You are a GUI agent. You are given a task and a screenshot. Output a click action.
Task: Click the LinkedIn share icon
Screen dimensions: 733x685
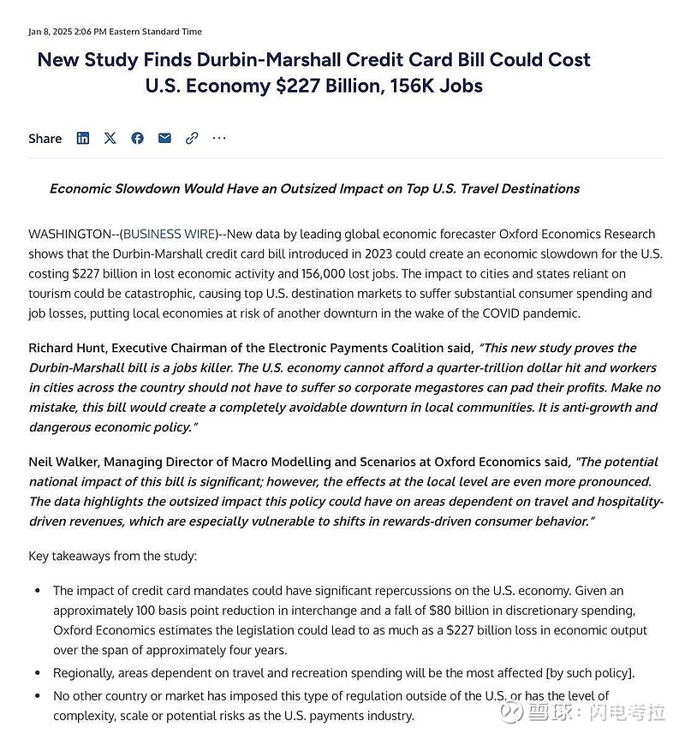(83, 138)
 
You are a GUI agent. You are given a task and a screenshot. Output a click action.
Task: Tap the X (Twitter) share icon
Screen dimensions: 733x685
(110, 138)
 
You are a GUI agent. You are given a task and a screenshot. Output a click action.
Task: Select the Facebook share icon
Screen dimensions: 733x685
(137, 138)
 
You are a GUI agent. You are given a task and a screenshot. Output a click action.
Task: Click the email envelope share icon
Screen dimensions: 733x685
(164, 138)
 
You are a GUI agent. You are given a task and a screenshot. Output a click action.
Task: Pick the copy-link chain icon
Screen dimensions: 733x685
(192, 138)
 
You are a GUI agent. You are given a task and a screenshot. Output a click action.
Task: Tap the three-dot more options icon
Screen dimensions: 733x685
(219, 138)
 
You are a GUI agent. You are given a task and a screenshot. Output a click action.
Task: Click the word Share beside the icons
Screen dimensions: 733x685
(45, 139)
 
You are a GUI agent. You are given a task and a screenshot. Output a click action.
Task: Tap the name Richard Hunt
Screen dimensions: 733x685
(64, 348)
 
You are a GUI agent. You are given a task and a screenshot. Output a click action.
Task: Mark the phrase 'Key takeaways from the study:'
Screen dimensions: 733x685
(112, 556)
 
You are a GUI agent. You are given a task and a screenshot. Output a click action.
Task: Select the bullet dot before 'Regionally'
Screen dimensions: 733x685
(37, 674)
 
